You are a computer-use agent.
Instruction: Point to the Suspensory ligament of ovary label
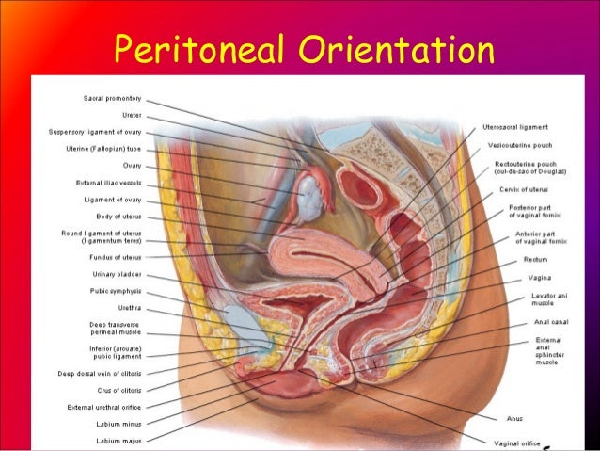pyautogui.click(x=95, y=132)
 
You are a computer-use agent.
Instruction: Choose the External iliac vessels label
pyautogui.click(x=109, y=183)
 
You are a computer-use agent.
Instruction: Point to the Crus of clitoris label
pyautogui.click(x=118, y=391)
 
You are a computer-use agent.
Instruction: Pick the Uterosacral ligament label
pyautogui.click(x=515, y=127)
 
